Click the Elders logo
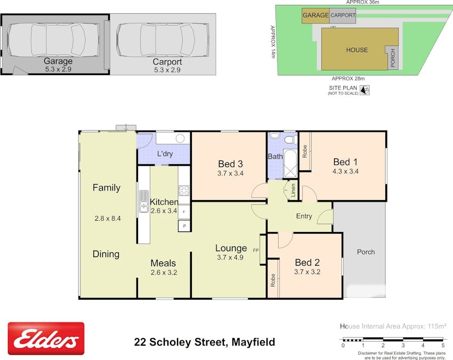pyautogui.click(x=46, y=338)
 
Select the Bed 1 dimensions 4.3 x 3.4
pyautogui.click(x=346, y=171)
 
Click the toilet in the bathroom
pyautogui.click(x=290, y=140)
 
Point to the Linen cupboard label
pyautogui.click(x=293, y=191)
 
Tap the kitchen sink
pyautogui.click(x=144, y=202)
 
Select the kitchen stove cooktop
pyautogui.click(x=184, y=190)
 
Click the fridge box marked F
pyautogui.click(x=184, y=212)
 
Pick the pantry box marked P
pyautogui.click(x=184, y=226)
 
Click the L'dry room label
pyautogui.click(x=164, y=154)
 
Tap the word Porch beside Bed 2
pyautogui.click(x=366, y=252)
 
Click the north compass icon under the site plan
pyautogui.click(x=365, y=91)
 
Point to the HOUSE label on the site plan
pyautogui.click(x=357, y=50)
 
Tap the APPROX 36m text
pyautogui.click(x=360, y=3)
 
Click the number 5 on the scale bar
pyautogui.click(x=443, y=346)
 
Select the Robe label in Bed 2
pyautogui.click(x=273, y=281)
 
